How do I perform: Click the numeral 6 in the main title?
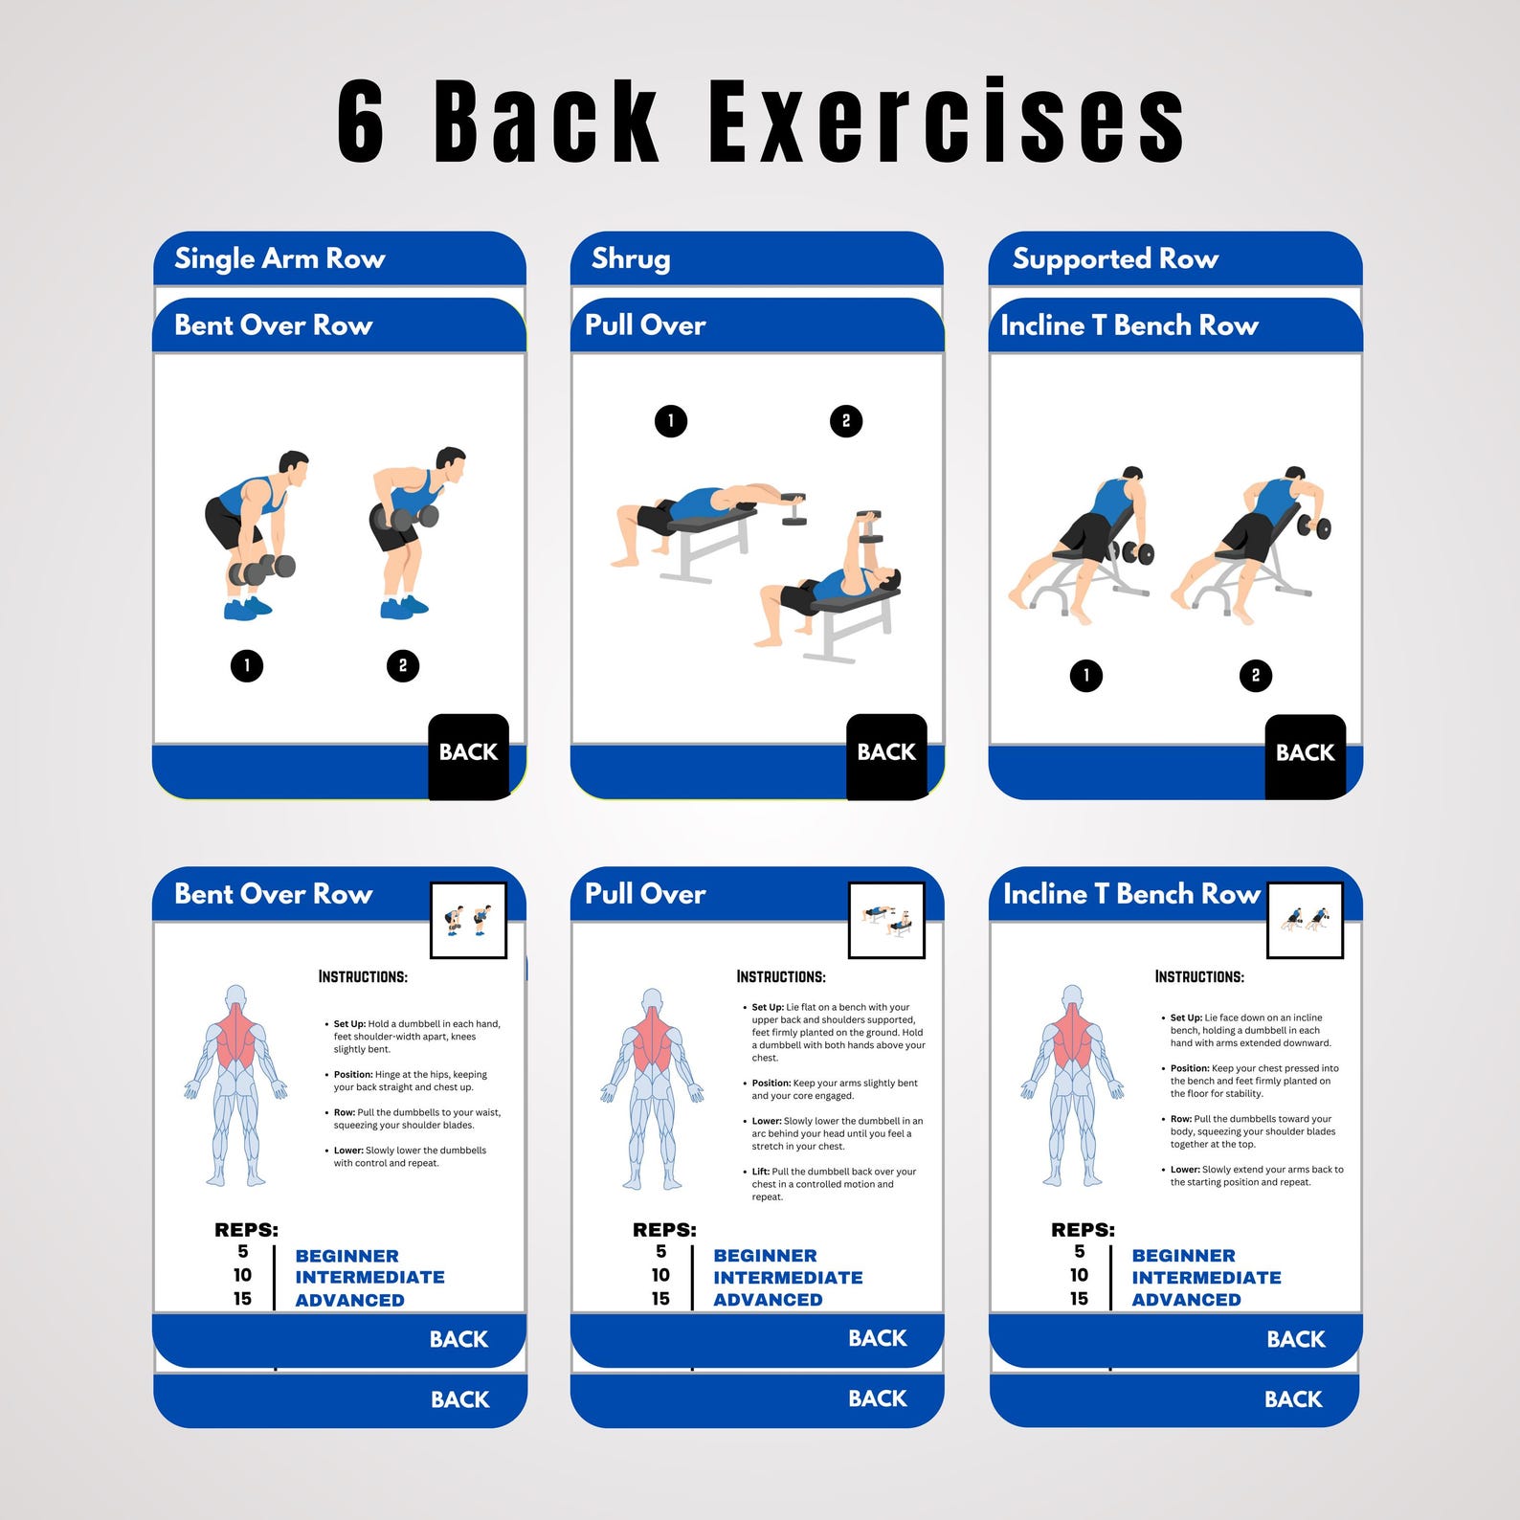(362, 123)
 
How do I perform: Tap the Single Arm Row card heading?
(279, 258)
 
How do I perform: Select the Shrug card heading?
(631, 258)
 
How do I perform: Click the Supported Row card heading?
(1115, 258)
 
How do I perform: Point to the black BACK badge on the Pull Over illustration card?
(886, 754)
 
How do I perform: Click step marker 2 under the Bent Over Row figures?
(403, 665)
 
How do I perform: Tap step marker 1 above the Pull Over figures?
(671, 420)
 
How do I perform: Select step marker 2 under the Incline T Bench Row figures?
(1256, 676)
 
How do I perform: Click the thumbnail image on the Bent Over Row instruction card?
(468, 921)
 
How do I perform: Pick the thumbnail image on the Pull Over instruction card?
(886, 921)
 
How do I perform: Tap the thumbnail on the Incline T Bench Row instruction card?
(1305, 921)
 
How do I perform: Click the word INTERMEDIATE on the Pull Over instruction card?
(788, 1278)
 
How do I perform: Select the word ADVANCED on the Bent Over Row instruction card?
(349, 1300)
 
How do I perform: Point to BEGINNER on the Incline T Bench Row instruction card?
(1183, 1256)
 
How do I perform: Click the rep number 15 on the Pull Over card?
(660, 1299)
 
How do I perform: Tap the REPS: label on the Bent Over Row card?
(246, 1230)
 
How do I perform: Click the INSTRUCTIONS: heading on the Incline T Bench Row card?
(1199, 976)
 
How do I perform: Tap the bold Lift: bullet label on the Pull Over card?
(761, 1172)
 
